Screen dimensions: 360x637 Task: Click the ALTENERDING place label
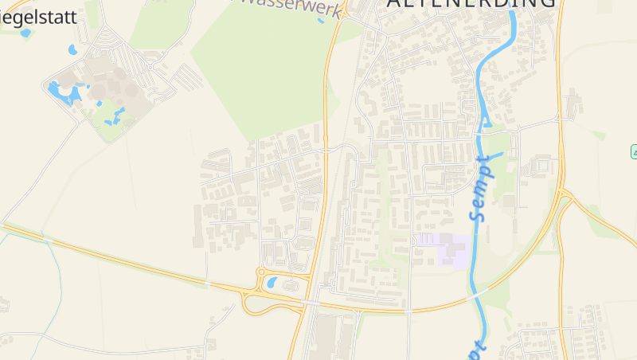(x=471, y=4)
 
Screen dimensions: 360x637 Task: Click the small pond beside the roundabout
(x=272, y=281)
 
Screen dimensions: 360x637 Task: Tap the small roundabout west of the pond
(x=260, y=272)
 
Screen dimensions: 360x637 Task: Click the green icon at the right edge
(x=635, y=151)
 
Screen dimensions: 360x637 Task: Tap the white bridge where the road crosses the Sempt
(x=476, y=292)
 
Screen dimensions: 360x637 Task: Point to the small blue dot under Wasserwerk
(x=321, y=21)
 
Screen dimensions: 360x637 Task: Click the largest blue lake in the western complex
(x=62, y=93)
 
